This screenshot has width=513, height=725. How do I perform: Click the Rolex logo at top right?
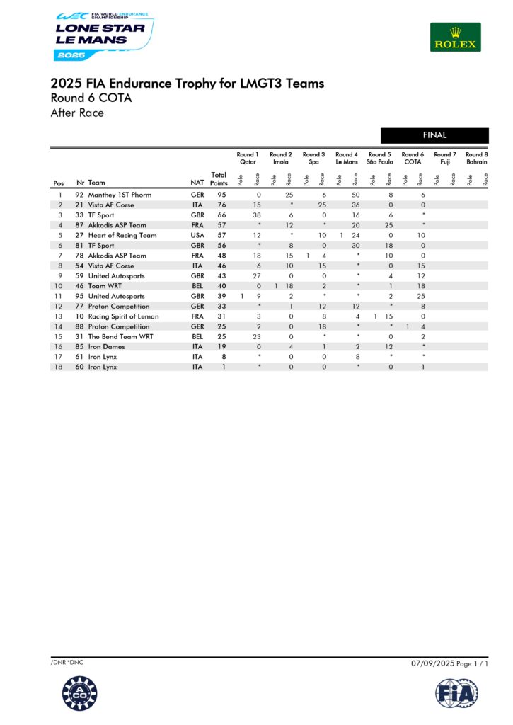pos(455,37)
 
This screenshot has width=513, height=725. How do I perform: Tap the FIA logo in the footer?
pos(456,693)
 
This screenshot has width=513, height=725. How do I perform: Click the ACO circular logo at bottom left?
pos(79,693)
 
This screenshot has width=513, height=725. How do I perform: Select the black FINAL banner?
pos(434,135)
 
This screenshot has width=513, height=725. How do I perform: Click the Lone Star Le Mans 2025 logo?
pos(103,35)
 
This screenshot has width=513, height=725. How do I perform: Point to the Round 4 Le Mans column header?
pos(346,158)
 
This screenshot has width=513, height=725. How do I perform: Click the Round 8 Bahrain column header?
pos(476,158)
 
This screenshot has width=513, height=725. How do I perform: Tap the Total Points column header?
pos(219,179)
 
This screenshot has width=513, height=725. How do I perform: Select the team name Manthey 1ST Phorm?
pos(120,195)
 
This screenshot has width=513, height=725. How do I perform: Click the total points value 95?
pos(221,195)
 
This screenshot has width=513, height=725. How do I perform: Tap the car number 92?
pos(80,195)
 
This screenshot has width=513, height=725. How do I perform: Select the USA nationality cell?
pos(197,235)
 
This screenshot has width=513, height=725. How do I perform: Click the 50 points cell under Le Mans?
pos(356,195)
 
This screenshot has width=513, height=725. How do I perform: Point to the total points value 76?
pos(221,205)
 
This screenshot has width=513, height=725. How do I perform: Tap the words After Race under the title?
pos(77,113)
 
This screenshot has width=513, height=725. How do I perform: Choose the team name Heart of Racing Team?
pos(122,235)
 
